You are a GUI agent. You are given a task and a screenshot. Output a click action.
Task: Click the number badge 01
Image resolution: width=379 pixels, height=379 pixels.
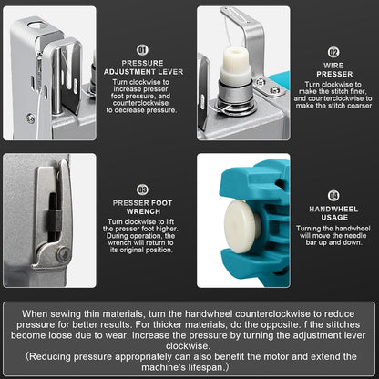coord(142,50)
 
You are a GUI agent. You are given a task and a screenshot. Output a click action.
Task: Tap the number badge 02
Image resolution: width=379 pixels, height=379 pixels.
coord(333,52)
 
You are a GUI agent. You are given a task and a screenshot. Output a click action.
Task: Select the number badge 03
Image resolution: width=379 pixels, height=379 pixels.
coord(142,189)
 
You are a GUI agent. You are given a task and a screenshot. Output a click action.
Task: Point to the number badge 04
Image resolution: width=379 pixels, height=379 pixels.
coord(333,196)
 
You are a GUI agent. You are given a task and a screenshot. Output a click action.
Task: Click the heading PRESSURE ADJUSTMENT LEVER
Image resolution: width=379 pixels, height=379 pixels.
coord(143,67)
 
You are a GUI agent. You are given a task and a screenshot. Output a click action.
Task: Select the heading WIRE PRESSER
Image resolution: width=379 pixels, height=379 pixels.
coord(334,70)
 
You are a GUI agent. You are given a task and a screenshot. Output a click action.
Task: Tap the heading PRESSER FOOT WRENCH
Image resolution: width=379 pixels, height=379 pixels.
coord(142,207)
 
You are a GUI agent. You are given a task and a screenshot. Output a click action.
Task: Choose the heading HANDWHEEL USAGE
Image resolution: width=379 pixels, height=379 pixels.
coord(333,213)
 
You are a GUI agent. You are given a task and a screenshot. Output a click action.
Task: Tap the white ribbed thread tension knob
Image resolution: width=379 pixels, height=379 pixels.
coord(237,65)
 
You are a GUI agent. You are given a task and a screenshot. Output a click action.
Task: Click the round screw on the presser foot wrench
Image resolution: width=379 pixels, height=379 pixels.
coord(64,252)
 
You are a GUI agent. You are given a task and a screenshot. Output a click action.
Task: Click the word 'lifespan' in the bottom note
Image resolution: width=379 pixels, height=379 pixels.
coord(204,367)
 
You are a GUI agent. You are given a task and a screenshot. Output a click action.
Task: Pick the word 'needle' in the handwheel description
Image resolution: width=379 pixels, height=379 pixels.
coord(354,236)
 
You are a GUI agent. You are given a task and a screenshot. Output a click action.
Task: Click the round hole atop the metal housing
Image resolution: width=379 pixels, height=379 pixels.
coord(36,25)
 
